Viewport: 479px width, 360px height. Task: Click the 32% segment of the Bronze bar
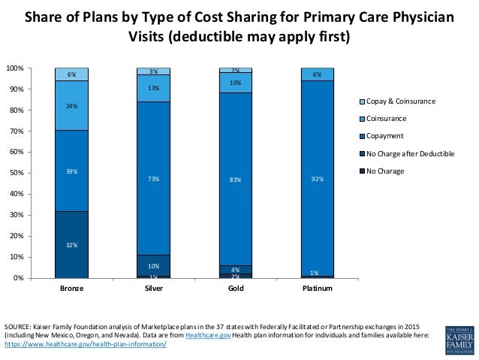point(71,244)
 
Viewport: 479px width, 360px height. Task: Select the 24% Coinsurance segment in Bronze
point(71,105)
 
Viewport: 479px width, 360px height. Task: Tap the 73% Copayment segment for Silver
point(153,179)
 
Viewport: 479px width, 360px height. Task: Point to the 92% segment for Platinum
point(317,179)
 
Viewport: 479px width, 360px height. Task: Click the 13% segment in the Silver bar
point(153,88)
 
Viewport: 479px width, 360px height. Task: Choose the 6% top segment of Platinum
point(317,74)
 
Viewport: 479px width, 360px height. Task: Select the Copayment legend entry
point(385,136)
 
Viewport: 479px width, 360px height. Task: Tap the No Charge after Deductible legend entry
point(410,153)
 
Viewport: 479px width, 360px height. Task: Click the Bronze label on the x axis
point(71,288)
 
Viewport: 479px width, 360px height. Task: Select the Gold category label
point(235,288)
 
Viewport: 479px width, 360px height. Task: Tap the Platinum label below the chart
point(317,288)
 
